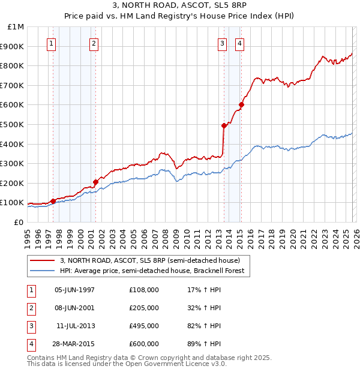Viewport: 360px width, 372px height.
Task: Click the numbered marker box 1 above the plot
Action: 52,43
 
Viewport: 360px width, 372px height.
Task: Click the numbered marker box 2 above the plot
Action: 94,43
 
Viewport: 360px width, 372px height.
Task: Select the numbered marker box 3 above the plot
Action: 222,43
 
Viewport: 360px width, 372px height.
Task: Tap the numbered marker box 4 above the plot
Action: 239,43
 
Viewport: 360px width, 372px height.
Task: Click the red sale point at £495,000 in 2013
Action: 224,125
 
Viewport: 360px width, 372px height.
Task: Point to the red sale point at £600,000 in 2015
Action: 242,105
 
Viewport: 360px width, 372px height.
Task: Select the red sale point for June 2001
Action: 95,182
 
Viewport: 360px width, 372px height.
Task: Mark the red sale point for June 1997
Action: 53,201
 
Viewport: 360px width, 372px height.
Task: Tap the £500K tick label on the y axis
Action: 13,125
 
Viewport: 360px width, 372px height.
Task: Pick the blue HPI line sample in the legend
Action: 42,271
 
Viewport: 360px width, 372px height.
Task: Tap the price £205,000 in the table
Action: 144,308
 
